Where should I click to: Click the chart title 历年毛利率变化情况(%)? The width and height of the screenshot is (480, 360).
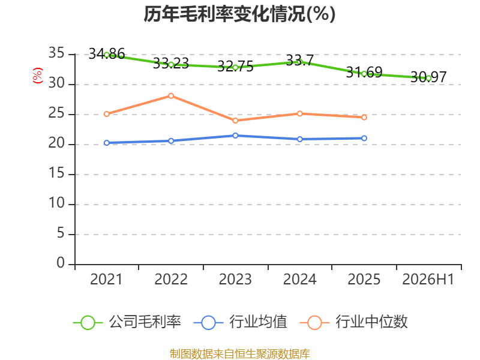click(x=239, y=14)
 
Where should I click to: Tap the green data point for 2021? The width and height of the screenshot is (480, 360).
click(x=107, y=55)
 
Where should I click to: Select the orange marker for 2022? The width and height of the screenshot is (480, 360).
click(x=171, y=96)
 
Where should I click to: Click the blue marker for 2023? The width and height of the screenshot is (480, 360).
click(x=235, y=136)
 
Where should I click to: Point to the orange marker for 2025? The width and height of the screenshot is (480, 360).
click(x=364, y=117)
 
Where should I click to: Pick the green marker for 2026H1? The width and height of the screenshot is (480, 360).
click(x=428, y=79)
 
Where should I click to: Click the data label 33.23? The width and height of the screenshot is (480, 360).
click(x=171, y=64)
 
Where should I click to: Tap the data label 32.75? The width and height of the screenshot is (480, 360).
click(x=235, y=67)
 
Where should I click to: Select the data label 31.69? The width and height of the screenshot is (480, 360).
click(x=364, y=73)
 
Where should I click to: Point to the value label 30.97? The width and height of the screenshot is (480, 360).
click(x=428, y=77)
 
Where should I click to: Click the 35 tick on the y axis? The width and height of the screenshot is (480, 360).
click(x=56, y=53)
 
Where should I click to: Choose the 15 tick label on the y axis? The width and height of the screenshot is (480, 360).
click(x=56, y=173)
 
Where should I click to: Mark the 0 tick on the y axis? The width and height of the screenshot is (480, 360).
click(x=61, y=263)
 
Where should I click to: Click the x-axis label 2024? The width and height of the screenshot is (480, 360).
click(x=299, y=279)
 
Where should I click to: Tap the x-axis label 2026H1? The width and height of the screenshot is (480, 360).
click(x=428, y=279)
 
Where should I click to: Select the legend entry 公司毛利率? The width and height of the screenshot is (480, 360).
click(x=127, y=322)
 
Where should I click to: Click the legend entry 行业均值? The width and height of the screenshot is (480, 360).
click(x=241, y=322)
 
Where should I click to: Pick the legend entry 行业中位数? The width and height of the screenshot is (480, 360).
click(x=354, y=322)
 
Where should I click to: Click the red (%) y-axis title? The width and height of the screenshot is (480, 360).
click(x=38, y=76)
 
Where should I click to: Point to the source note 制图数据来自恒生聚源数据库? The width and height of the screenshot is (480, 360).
click(x=240, y=353)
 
